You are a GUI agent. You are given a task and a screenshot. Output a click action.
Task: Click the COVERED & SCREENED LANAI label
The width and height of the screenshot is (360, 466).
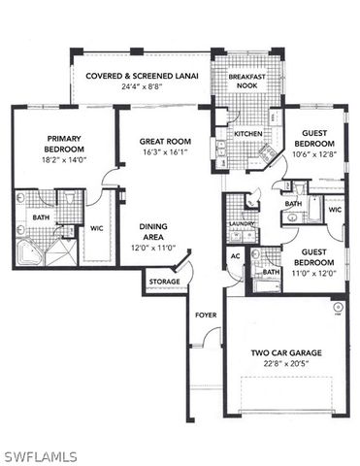[142, 75]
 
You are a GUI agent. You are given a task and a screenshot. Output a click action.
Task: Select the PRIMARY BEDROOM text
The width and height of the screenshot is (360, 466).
[65, 144]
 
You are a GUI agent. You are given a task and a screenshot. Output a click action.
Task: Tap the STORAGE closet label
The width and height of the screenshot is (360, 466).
[162, 282]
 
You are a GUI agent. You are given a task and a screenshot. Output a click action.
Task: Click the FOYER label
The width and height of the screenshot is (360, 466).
[206, 315]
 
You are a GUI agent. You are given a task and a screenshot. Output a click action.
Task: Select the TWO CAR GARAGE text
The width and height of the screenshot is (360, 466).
[285, 352]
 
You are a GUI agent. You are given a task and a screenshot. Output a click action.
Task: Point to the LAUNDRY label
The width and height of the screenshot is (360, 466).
[241, 224]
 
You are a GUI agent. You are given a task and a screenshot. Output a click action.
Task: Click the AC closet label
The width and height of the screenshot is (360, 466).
[234, 256]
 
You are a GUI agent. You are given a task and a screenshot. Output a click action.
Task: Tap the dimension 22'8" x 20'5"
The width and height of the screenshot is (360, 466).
[285, 364]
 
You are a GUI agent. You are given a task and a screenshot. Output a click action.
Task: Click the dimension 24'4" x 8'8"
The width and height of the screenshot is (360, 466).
[142, 86]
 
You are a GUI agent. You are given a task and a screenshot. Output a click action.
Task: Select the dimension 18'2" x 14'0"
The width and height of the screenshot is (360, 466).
[65, 160]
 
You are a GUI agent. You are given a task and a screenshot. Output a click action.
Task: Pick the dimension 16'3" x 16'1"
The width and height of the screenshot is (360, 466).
[163, 151]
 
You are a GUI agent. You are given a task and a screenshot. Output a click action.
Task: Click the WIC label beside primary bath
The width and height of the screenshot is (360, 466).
[97, 229]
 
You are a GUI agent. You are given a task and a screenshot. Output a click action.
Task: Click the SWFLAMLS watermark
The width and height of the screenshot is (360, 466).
[39, 453]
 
